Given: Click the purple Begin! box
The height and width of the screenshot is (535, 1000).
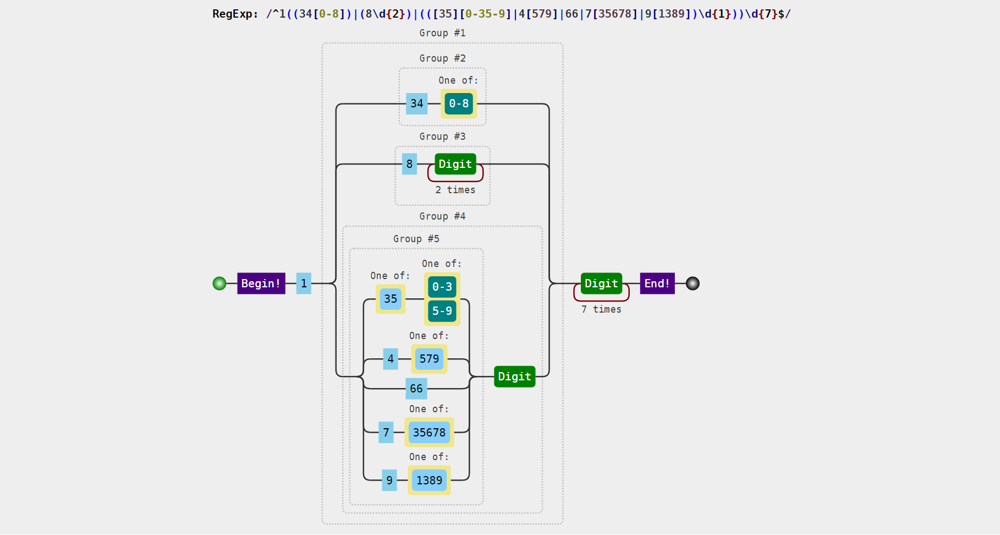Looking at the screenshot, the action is pos(261,283).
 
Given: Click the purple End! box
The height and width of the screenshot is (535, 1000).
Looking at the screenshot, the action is pos(657,283).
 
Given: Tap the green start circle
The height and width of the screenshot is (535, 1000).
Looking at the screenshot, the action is pos(219,283).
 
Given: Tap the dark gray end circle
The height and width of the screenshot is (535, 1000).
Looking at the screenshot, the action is pos(693,283).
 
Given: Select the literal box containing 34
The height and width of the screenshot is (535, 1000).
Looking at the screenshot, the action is pos(417,103).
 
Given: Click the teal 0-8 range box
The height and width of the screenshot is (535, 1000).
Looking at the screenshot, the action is pos(459,103).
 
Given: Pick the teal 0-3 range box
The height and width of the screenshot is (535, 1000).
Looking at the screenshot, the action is pos(442,287).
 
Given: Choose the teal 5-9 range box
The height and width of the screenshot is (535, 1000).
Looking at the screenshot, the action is pos(442,311).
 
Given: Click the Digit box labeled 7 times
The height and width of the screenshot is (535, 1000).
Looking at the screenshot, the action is pos(602,283).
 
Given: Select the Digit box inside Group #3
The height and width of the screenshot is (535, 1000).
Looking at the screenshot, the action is pos(455,164).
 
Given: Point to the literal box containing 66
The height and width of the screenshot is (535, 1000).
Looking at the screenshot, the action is pos(416,389).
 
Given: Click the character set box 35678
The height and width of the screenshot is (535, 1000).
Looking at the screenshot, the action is pos(430,433).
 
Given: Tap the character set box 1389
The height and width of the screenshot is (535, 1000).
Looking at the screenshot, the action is pos(430,481).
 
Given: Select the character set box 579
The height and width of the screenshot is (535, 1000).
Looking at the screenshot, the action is pos(430,359).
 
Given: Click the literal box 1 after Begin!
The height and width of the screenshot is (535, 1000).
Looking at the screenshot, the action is pos(304,283).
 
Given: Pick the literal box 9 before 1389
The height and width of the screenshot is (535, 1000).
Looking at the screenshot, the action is pos(389,481).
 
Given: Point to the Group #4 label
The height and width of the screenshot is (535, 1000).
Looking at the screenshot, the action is pos(442,216).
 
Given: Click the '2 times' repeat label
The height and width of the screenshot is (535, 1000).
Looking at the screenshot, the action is pos(455,190).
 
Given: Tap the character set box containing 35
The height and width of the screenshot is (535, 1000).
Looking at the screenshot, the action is pos(391,299).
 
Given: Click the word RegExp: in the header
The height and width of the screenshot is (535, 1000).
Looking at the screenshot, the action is pos(235,14).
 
